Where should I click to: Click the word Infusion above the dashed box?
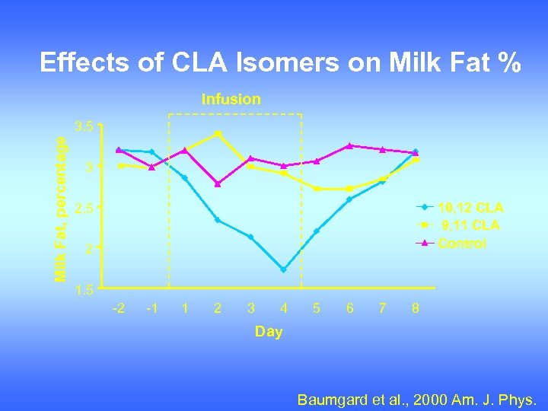pyautogui.click(x=231, y=99)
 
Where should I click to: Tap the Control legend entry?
pyautogui.click(x=461, y=244)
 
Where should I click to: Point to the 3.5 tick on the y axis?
pyautogui.click(x=84, y=126)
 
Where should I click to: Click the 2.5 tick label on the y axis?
pyautogui.click(x=84, y=208)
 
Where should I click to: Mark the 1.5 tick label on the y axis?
pyautogui.click(x=84, y=290)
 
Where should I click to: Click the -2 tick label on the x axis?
pyautogui.click(x=119, y=308)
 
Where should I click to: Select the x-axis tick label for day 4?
pyautogui.click(x=284, y=308)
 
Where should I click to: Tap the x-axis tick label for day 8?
pyautogui.click(x=415, y=308)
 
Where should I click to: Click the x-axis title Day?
pyautogui.click(x=268, y=331)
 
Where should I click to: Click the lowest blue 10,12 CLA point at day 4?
pyautogui.click(x=283, y=269)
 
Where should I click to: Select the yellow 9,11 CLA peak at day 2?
pyautogui.click(x=218, y=133)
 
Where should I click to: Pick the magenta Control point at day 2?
pyautogui.click(x=218, y=183)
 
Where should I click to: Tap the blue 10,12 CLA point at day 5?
pyautogui.click(x=316, y=231)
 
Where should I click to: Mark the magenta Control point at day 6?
pyautogui.click(x=349, y=145)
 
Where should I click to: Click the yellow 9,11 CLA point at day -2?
pyautogui.click(x=119, y=165)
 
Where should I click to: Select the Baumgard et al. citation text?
pyautogui.click(x=416, y=398)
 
